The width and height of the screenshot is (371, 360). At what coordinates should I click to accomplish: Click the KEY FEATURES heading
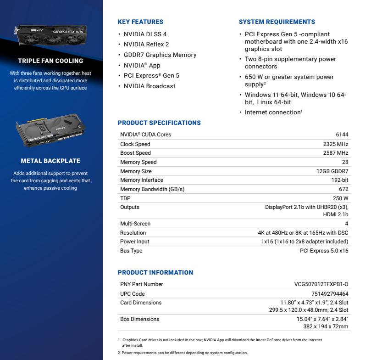click(x=140, y=22)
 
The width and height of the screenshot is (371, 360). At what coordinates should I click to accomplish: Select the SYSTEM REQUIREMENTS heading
click(x=277, y=22)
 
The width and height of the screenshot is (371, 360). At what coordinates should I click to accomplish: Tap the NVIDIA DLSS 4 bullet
click(x=145, y=34)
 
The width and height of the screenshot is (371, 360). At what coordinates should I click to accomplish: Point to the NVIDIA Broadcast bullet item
click(x=150, y=86)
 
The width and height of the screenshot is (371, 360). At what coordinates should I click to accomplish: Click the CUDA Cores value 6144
click(x=342, y=135)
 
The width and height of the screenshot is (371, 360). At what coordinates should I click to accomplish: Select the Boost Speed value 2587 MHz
click(x=336, y=153)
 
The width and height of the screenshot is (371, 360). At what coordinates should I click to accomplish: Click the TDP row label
click(x=125, y=198)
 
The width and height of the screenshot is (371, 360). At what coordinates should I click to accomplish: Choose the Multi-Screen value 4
click(x=347, y=224)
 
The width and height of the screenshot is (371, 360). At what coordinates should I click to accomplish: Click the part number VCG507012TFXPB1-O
click(x=321, y=284)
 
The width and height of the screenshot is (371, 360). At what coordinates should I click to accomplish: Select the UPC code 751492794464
click(x=330, y=294)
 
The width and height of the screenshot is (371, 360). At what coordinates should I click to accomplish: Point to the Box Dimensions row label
click(x=139, y=319)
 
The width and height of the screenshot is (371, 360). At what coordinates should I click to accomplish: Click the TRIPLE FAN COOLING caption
click(x=50, y=61)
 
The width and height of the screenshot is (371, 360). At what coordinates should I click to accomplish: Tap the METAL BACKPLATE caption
click(x=50, y=161)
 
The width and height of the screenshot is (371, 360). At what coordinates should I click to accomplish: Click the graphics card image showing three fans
click(x=50, y=36)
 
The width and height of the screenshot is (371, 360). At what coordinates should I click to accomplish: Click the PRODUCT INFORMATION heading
click(x=155, y=272)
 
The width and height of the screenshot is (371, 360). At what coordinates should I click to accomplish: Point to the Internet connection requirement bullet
click(x=272, y=112)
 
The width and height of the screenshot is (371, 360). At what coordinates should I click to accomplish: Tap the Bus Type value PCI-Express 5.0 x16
click(x=324, y=251)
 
